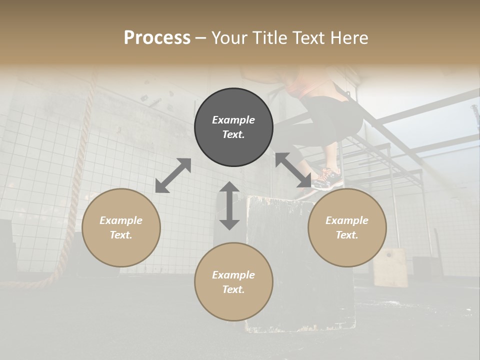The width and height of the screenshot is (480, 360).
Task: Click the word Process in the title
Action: point(157,37)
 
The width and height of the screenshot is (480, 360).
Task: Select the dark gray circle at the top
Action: point(233,127)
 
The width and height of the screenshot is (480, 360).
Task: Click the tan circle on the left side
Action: point(121,227)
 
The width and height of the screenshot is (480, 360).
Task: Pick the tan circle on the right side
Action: point(347,227)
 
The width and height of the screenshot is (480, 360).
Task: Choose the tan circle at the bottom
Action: point(233,281)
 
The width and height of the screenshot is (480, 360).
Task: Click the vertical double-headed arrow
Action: point(229,205)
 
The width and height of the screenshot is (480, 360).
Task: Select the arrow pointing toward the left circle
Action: point(173,175)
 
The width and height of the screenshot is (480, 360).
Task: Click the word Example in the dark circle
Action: point(233,120)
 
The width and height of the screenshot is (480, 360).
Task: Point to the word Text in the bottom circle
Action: point(233,289)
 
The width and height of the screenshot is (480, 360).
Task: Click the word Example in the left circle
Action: point(121,220)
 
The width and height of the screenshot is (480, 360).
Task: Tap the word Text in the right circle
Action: point(347,235)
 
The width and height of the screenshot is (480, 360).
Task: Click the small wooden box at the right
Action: point(390,267)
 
